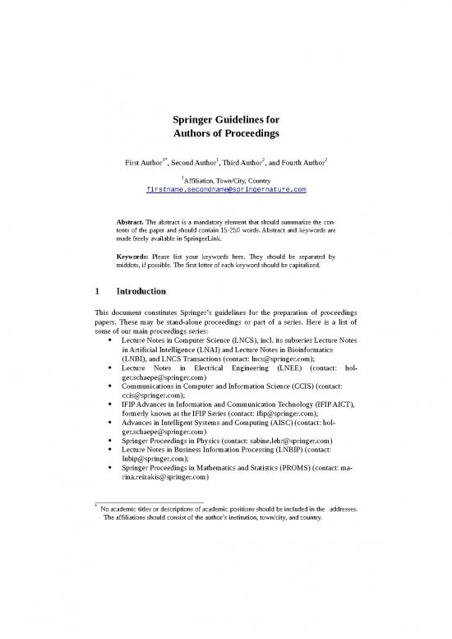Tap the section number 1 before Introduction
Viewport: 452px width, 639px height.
click(99, 291)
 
